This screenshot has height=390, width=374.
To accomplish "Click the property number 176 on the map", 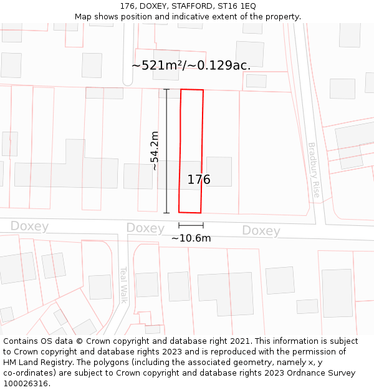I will (199, 180).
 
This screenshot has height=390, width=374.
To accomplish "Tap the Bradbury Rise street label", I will (314, 170).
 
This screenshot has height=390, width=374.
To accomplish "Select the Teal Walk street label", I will (123, 285).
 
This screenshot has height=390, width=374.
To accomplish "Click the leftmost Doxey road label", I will (29, 226).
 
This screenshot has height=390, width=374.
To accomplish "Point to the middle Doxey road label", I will (145, 228).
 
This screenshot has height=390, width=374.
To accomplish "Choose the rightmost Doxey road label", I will (261, 231).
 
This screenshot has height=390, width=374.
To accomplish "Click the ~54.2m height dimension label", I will (155, 150).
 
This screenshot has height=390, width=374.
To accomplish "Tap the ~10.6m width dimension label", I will (191, 238).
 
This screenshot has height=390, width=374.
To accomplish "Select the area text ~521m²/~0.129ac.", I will (191, 66).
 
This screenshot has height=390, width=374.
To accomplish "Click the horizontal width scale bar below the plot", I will (191, 225).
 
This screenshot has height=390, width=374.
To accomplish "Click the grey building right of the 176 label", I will (219, 172).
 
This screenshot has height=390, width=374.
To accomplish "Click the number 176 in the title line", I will (128, 6).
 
